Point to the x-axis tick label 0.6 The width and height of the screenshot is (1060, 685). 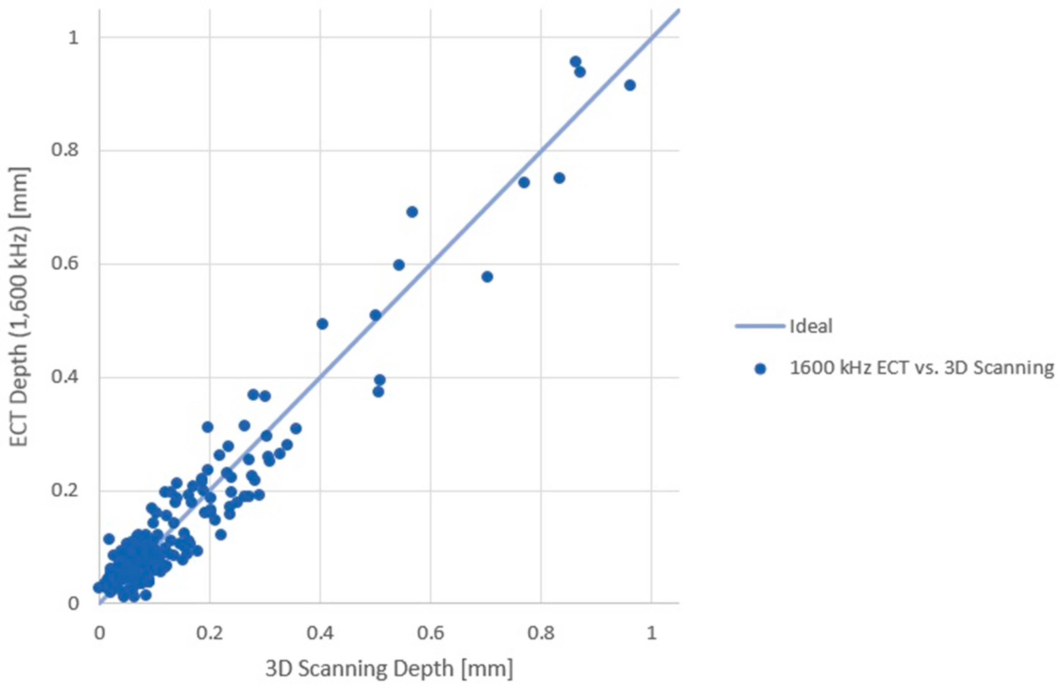click(x=430, y=633)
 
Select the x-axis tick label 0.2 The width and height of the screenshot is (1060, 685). click(x=209, y=633)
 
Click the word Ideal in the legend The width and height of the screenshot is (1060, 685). click(x=811, y=326)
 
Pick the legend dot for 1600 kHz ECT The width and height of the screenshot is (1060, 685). click(x=760, y=369)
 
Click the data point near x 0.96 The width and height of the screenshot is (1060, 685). click(x=630, y=85)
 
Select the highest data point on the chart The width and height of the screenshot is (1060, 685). click(x=575, y=62)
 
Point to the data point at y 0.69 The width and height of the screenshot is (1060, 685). click(x=412, y=212)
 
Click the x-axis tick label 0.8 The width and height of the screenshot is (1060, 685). click(x=541, y=633)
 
